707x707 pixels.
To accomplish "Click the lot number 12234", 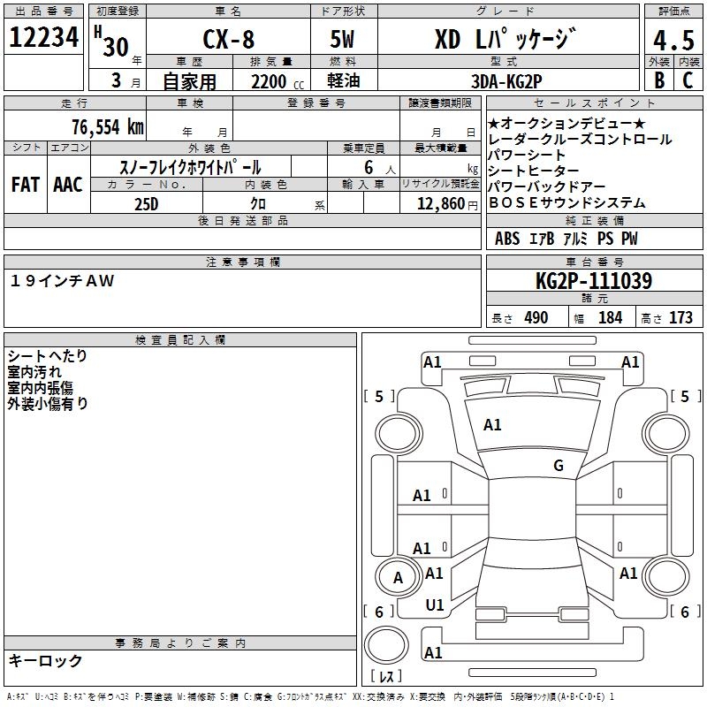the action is (44, 38).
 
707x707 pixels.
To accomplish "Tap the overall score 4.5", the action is (672, 41).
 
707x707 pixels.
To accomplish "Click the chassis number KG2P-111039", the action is (594, 282).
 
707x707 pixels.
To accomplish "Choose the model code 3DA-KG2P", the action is (506, 81).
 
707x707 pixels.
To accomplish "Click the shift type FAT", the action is (25, 185).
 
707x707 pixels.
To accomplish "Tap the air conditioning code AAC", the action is (68, 185).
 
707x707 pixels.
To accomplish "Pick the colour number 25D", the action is (147, 203).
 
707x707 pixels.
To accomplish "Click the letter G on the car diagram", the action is (558, 466).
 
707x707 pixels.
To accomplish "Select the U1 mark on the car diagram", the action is (434, 605).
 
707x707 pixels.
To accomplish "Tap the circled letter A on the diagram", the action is (398, 578).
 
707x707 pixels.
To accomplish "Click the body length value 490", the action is (536, 318).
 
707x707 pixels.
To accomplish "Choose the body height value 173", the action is (680, 318).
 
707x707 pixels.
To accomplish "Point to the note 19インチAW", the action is (63, 280).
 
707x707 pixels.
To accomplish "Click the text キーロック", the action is (46, 660).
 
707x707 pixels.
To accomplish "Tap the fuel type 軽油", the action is (345, 81).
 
